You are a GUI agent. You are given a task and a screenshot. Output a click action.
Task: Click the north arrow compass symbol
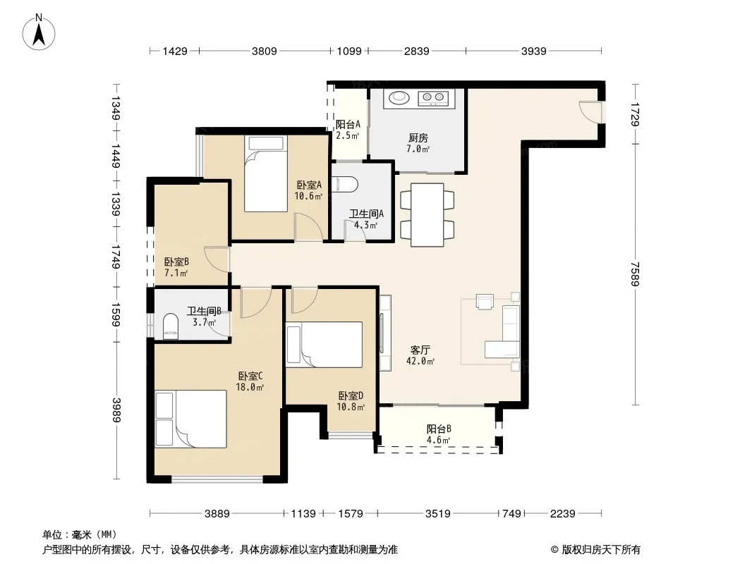click(39, 32)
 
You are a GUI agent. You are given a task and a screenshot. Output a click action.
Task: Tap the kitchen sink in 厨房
click(399, 97)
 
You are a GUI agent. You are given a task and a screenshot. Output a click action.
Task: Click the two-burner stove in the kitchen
click(434, 98)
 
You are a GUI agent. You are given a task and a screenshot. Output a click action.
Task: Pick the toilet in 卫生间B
click(170, 326)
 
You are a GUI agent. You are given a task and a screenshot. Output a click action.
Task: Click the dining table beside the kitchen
click(427, 215)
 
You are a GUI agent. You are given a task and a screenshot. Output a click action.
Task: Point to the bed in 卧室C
click(191, 419)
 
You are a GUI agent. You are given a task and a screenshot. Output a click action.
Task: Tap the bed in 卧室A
click(266, 173)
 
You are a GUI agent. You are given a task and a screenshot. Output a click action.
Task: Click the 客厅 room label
click(420, 350)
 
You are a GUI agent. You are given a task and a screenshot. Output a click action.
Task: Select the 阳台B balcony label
click(439, 429)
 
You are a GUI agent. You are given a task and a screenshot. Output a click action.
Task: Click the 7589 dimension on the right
click(636, 274)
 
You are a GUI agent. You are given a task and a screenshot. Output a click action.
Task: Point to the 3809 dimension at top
click(265, 51)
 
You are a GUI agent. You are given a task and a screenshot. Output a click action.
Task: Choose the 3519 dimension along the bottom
click(438, 514)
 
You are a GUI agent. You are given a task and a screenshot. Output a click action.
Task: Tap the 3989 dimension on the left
click(116, 410)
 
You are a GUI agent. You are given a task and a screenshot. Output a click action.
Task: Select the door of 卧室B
click(217, 259)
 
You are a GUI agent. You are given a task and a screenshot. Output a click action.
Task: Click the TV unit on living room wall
click(384, 333)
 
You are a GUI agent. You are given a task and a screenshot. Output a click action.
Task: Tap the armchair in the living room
click(485, 302)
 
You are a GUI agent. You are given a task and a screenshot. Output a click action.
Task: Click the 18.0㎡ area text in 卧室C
click(250, 387)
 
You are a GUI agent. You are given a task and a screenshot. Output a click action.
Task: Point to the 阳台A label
click(348, 125)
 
